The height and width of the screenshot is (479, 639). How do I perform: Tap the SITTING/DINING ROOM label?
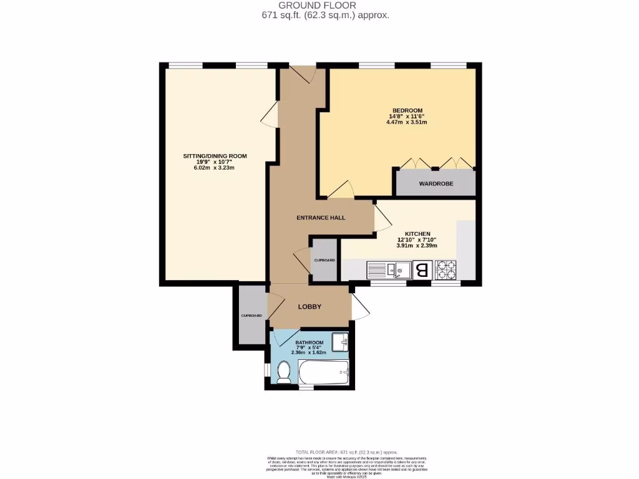pyautogui.click(x=215, y=155)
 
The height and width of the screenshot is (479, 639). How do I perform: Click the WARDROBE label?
pyautogui.click(x=436, y=184)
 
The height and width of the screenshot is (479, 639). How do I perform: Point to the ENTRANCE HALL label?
pyautogui.click(x=320, y=218)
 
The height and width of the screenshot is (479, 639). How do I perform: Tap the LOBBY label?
pyautogui.click(x=310, y=306)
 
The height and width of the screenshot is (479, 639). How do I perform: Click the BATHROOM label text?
pyautogui.click(x=309, y=343)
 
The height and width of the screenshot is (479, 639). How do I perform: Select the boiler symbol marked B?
pyautogui.click(x=422, y=270)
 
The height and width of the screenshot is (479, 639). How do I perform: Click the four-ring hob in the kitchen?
pyautogui.click(x=446, y=269)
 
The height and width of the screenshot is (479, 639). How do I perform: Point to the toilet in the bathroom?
pyautogui.click(x=283, y=372)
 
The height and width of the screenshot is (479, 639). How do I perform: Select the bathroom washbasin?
pyautogui.click(x=340, y=342)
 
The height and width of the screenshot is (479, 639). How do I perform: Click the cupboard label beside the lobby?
pyautogui.click(x=251, y=316)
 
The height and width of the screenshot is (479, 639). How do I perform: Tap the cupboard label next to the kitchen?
pyautogui.click(x=324, y=260)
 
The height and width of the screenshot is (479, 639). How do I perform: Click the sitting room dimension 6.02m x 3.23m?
pyautogui.click(x=215, y=168)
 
